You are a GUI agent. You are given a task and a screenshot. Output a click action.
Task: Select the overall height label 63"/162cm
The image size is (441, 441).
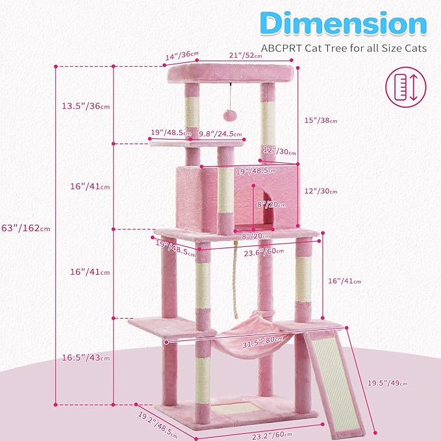[x=27, y=228]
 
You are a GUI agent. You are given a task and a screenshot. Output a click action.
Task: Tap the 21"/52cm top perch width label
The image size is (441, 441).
[x=245, y=55]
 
